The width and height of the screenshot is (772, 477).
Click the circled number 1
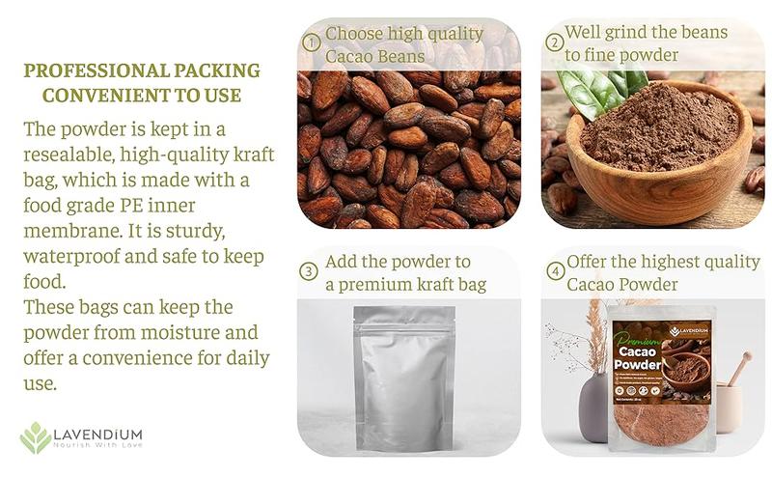click(x=311, y=42)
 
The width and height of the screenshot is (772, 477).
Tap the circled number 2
click(x=554, y=42)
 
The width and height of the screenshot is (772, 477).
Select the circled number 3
click(x=309, y=271)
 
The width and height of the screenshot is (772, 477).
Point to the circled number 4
click(x=555, y=271)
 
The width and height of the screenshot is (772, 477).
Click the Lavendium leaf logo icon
click(x=36, y=437)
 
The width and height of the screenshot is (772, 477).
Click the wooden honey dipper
click(x=738, y=370)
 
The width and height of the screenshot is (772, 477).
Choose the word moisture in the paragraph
click(x=205, y=333)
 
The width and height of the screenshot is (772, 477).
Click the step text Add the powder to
click(x=398, y=262)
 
